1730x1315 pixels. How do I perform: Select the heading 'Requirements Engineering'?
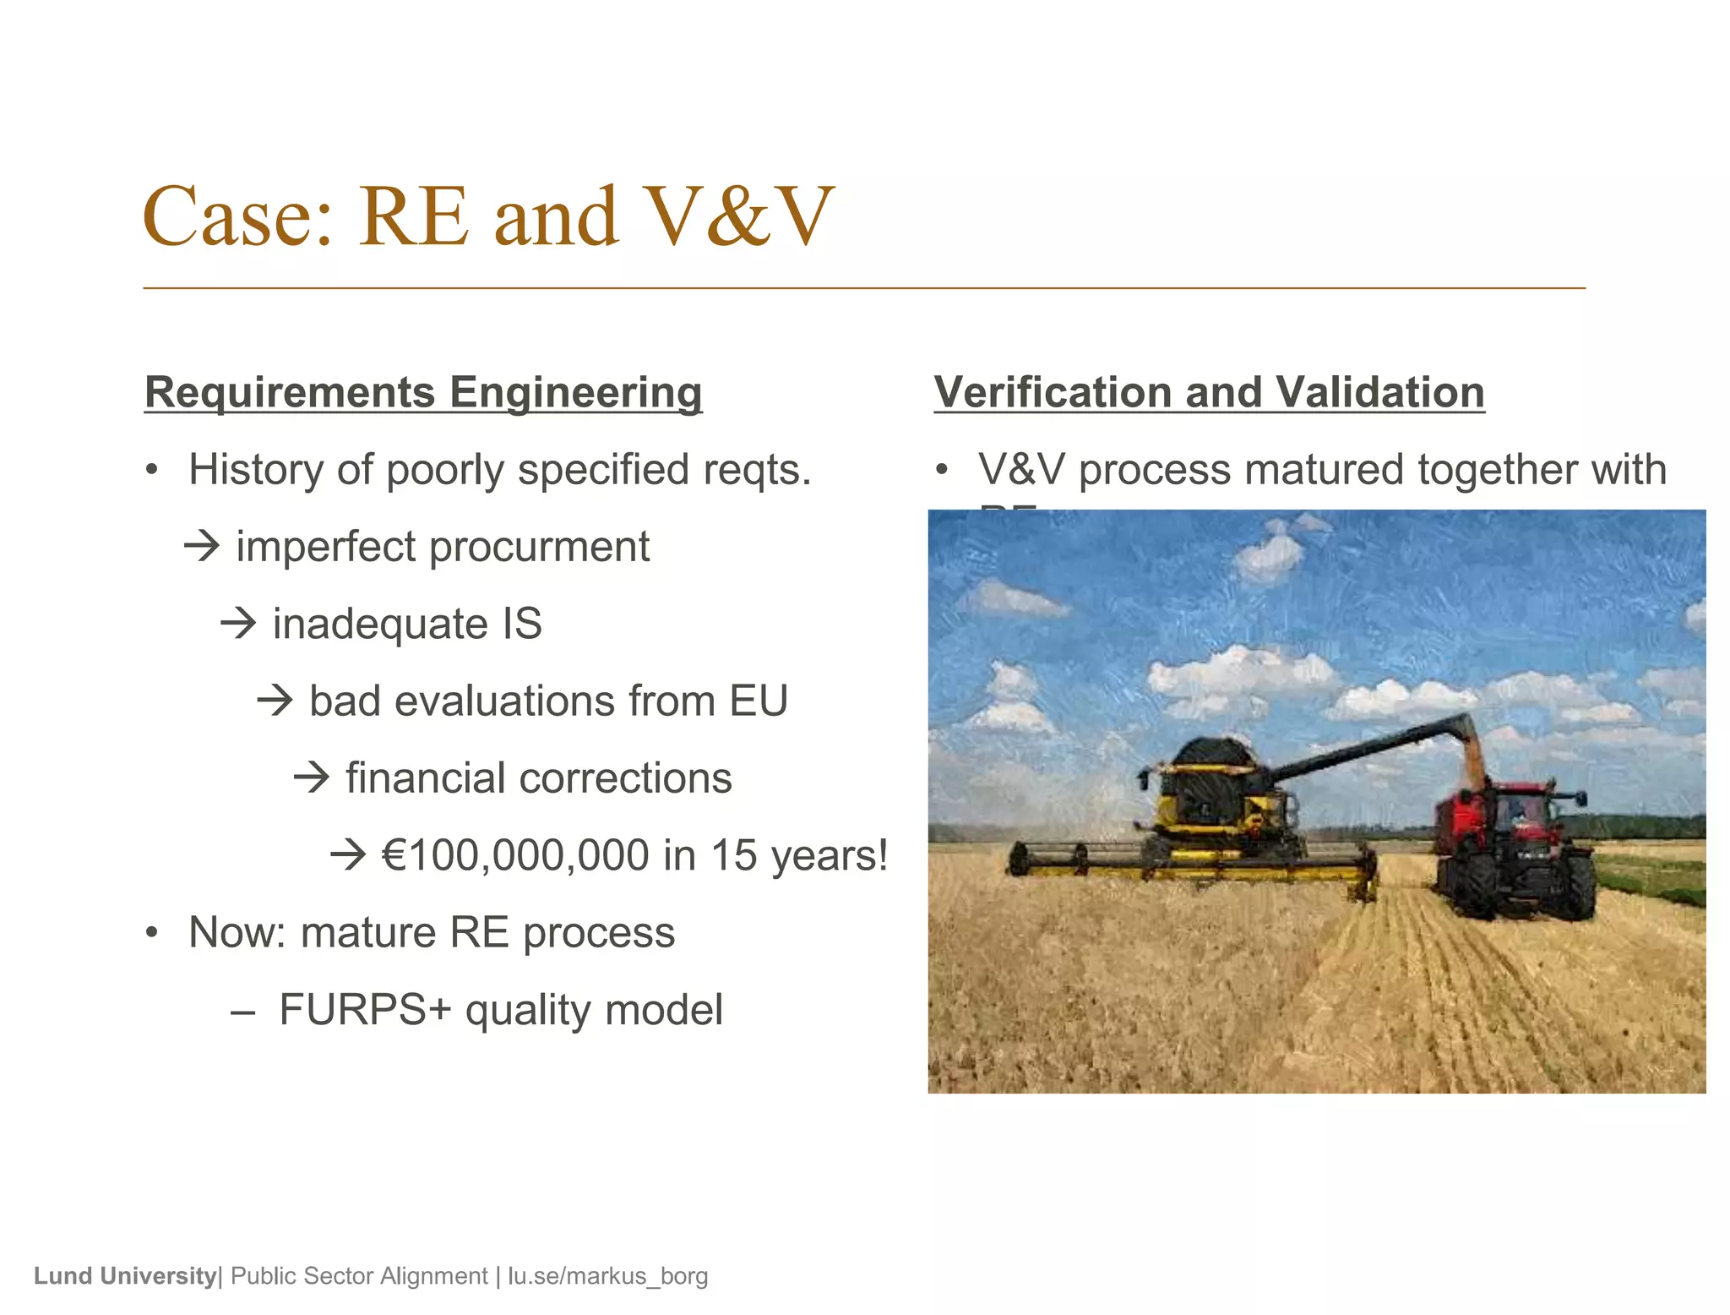point(423,393)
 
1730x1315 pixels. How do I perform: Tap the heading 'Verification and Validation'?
point(1209,393)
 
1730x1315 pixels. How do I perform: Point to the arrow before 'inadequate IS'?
point(238,624)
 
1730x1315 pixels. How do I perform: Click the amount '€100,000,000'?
point(515,855)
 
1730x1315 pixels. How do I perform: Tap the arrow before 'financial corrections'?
point(312,778)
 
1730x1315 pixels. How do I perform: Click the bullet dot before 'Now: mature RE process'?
point(151,933)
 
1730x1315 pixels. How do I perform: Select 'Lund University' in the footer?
point(125,1276)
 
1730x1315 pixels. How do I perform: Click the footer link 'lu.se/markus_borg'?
point(607,1276)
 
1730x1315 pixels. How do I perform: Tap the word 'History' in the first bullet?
point(255,470)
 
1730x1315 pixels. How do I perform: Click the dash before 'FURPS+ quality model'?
point(242,1012)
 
